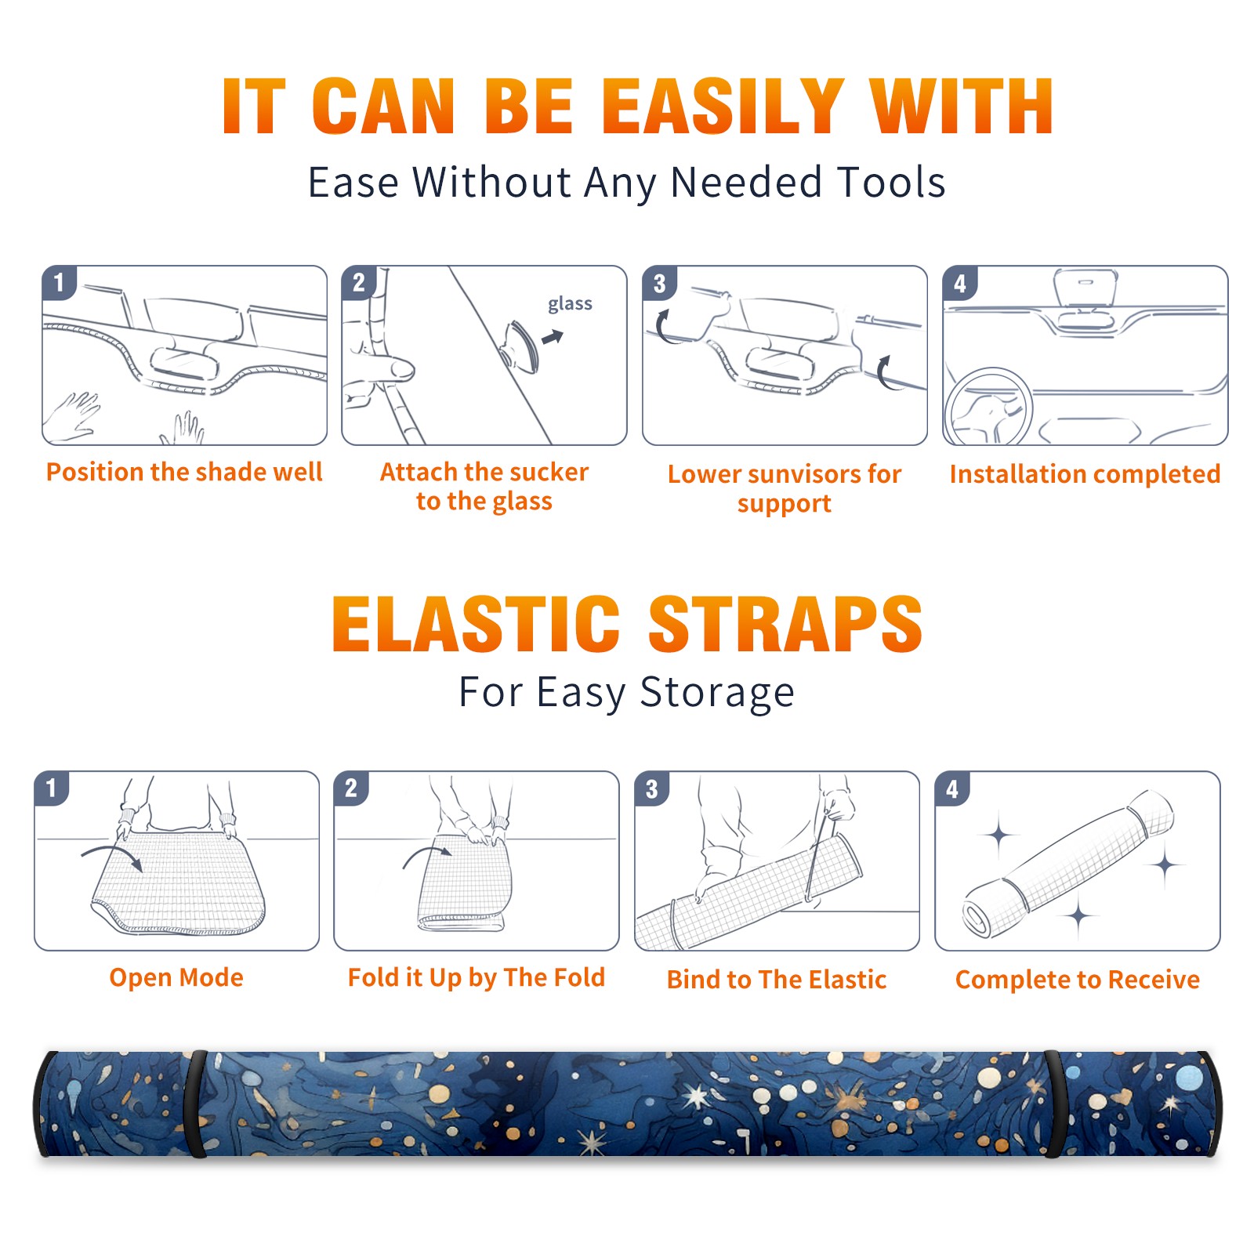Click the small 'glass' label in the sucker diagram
pos(570,304)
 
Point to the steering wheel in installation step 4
pos(988,407)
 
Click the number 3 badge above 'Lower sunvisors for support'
pos(659,283)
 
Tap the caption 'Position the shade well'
pos(184,472)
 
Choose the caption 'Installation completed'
pos(1085,473)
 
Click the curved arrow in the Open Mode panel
pos(112,857)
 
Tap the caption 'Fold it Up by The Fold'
pos(477,977)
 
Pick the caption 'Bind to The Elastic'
pos(777,980)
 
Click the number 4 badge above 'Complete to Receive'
pos(952,788)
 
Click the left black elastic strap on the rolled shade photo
pos(194,1104)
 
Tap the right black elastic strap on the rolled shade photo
pos(1054,1104)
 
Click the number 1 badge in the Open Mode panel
pos(52,788)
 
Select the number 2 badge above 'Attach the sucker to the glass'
pos(359,283)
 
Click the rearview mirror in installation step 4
pos(1085,289)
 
